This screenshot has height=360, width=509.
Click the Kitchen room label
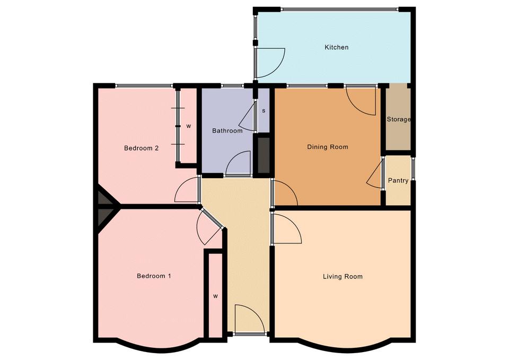tap(337, 47)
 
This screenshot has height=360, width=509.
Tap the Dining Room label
tap(328, 147)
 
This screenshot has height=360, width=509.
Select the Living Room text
tap(343, 277)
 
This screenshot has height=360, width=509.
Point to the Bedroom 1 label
tap(154, 276)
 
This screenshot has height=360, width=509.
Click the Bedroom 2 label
tap(141, 148)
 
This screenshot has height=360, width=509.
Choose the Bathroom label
tap(227, 131)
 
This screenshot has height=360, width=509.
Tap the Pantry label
tap(398, 180)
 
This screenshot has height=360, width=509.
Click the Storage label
tap(399, 119)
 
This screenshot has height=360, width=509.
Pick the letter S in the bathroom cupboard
tap(264, 111)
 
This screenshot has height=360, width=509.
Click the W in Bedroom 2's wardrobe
tap(189, 126)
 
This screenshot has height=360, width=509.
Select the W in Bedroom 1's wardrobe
tap(216, 296)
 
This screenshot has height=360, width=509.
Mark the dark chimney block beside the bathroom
tap(264, 155)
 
